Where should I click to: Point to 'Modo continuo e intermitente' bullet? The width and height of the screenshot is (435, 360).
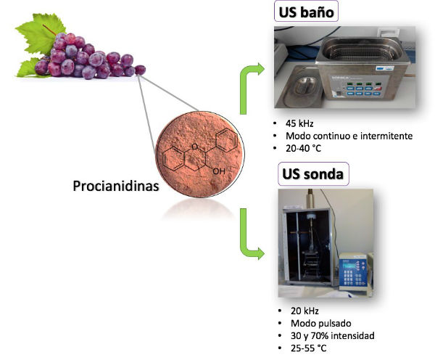tap(339, 136)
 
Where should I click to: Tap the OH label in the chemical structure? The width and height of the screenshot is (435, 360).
tap(218, 171)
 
